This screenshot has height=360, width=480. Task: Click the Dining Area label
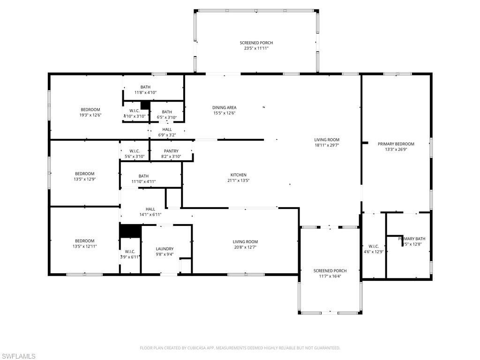coord(224,107)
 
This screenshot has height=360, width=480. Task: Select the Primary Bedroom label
coord(396,144)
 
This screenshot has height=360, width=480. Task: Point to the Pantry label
coord(171,151)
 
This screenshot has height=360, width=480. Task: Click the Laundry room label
coord(165,249)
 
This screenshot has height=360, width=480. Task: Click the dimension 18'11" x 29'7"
coord(327,145)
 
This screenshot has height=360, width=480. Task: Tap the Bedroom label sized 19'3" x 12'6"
coord(90,110)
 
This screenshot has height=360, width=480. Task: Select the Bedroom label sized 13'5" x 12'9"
coord(84,173)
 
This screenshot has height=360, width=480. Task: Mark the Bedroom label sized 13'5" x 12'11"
coord(84,241)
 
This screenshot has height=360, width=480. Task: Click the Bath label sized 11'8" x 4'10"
coord(145,87)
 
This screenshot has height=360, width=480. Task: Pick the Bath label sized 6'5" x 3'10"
coord(167,112)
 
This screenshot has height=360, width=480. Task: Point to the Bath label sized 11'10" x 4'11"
coord(143,176)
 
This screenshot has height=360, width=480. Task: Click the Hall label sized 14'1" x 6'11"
coord(150,209)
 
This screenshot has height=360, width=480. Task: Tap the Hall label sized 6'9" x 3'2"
coord(167,129)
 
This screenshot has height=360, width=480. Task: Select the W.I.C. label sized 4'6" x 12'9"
coord(374,246)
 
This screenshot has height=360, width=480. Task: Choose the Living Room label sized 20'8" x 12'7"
coord(245,242)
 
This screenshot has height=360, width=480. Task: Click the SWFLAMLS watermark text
coord(18,357)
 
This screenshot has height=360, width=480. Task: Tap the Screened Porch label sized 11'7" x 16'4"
coord(330,270)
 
